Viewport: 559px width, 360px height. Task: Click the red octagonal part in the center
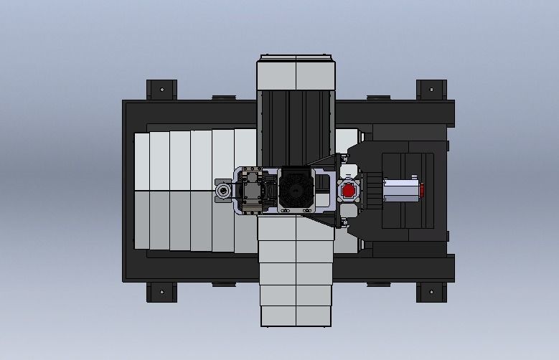tap(349, 191)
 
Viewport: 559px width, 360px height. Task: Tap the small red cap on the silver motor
tap(422, 191)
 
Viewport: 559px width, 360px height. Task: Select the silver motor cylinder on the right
tap(400, 191)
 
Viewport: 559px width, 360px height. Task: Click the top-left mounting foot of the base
tap(161, 90)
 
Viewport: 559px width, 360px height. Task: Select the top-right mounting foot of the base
tap(431, 90)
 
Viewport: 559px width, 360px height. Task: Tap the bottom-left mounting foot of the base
tap(161, 292)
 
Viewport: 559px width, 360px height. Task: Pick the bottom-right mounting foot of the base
tap(431, 292)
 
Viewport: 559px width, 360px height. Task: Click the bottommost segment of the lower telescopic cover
tap(296, 316)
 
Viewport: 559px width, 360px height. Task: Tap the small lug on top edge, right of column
tap(377, 97)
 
